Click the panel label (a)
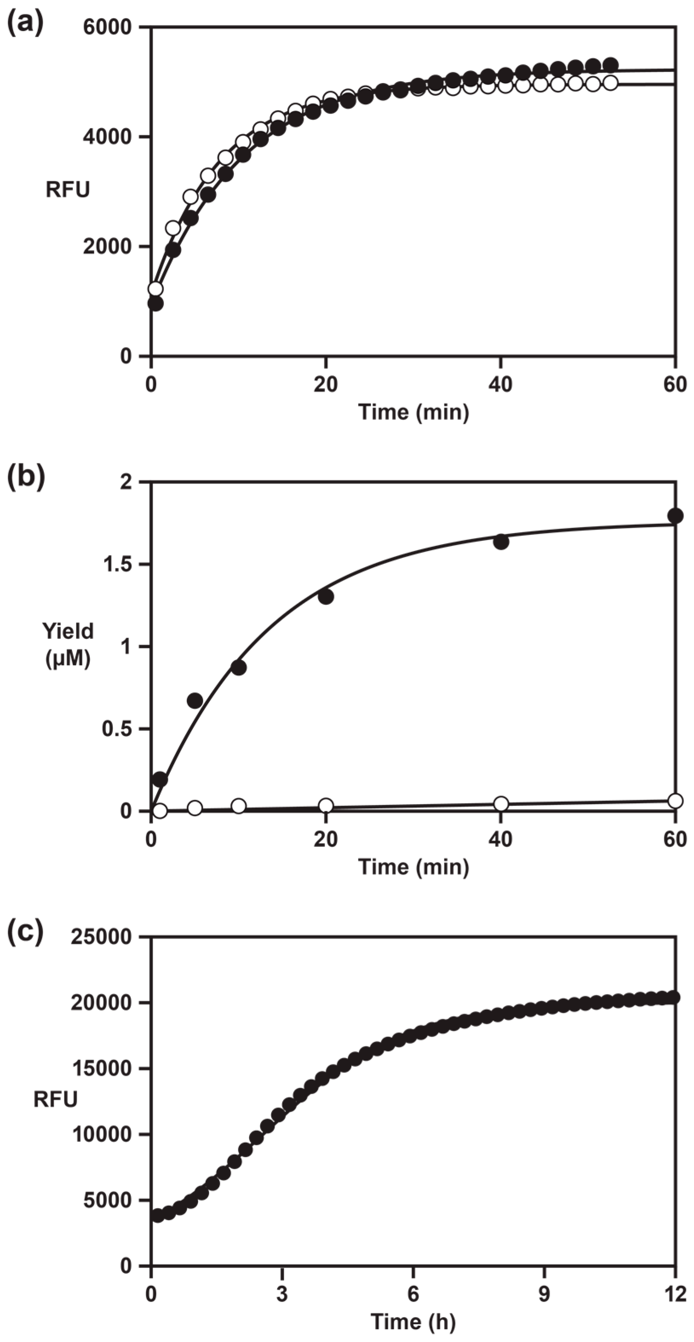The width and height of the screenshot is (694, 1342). pos(25,24)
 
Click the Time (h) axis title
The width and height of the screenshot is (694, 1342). pos(413,1321)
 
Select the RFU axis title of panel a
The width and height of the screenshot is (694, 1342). pos(68,190)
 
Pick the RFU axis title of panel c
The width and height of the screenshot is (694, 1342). pos(55,1099)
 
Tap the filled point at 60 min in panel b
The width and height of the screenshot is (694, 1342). pos(675,516)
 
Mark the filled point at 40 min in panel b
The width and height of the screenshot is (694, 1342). pos(501,542)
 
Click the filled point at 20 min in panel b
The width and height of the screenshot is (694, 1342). pos(326,597)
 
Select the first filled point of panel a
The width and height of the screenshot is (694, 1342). pos(155,303)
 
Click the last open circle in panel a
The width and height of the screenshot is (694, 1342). pos(610,83)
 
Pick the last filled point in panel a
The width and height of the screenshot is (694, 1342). pos(610,65)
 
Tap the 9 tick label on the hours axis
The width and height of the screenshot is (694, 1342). pos(544,1292)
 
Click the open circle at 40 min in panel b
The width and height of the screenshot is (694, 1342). pos(501,803)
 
